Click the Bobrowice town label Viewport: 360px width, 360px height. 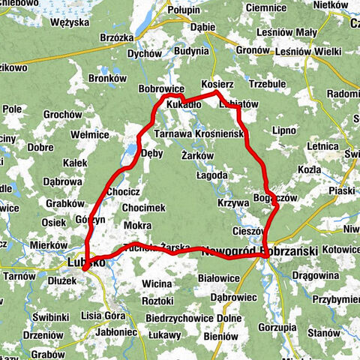click(161, 88)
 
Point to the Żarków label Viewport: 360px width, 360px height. click(198, 155)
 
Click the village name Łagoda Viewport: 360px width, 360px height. click(211, 175)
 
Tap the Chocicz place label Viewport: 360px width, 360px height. click(124, 191)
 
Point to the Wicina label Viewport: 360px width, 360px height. click(157, 284)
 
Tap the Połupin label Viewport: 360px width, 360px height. click(184, 9)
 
